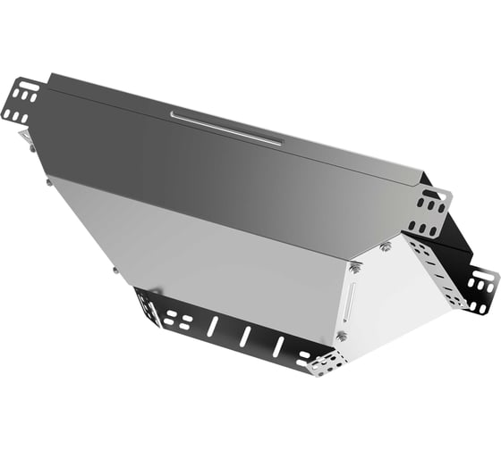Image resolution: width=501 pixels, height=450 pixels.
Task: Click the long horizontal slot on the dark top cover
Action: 225,128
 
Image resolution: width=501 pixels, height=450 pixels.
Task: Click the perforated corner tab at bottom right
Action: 327,362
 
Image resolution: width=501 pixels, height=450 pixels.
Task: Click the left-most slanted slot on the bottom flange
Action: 212,327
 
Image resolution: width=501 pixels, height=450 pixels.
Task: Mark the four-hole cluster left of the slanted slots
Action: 178,319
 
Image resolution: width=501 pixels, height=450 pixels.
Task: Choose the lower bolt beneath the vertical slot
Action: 342,336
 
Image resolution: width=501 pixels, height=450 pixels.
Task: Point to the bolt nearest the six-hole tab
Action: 385,246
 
